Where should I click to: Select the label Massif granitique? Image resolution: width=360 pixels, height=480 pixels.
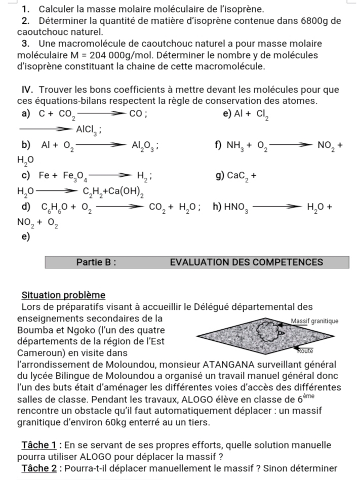coord(314,321)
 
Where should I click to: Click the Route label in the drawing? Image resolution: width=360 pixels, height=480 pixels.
coord(303,350)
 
